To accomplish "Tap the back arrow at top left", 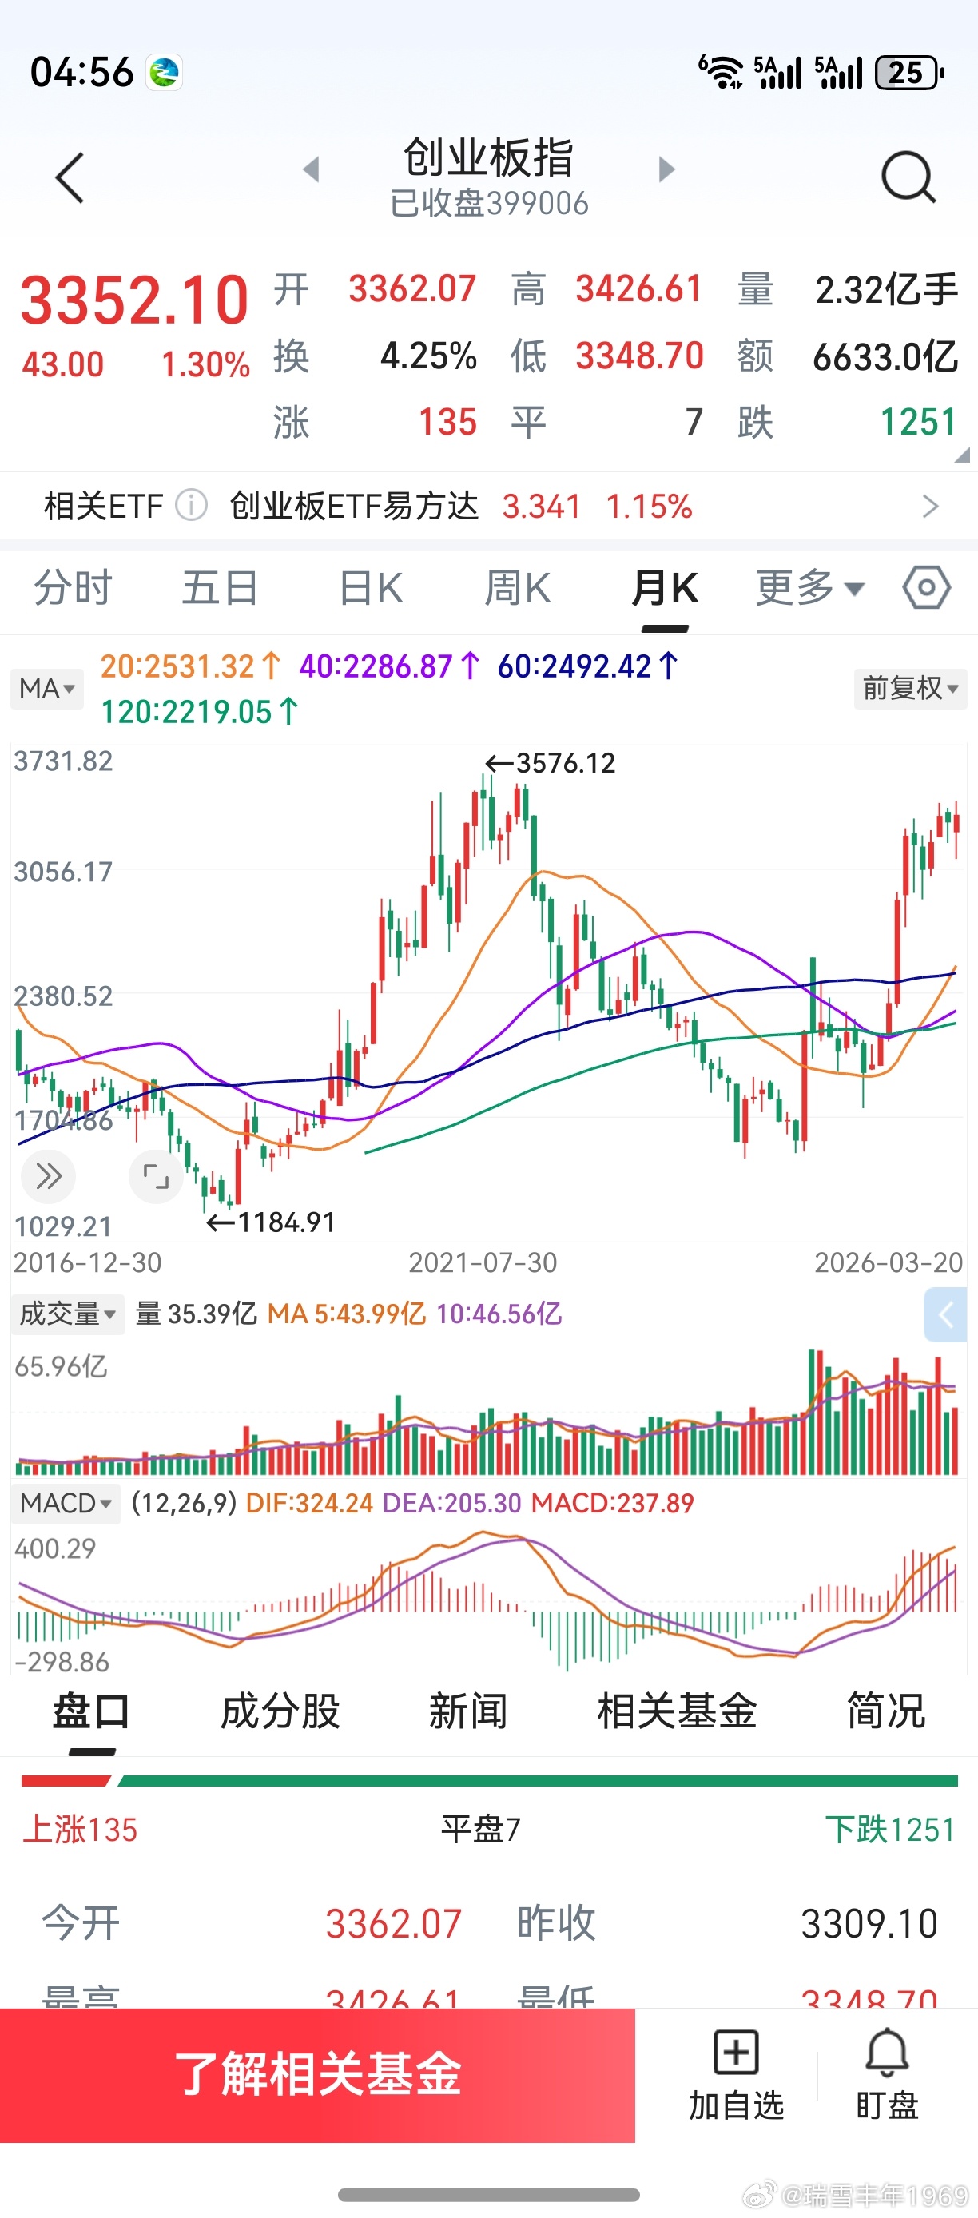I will click(x=70, y=178).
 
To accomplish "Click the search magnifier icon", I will click(x=908, y=177).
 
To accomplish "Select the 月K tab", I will click(x=665, y=589).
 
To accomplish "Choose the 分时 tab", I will click(x=74, y=589).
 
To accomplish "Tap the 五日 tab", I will click(x=221, y=589).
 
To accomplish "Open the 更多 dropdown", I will click(x=809, y=589).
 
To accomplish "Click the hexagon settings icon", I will click(x=926, y=589).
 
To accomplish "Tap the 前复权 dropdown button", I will click(x=910, y=689).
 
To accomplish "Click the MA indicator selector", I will click(x=47, y=689).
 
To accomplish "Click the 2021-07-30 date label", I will click(x=482, y=1263).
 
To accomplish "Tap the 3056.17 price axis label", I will click(x=63, y=872).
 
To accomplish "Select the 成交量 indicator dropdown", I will click(x=67, y=1314).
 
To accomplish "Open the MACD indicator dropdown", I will click(x=66, y=1504).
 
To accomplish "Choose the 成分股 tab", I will click(x=280, y=1711).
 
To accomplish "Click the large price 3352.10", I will click(x=134, y=300).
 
